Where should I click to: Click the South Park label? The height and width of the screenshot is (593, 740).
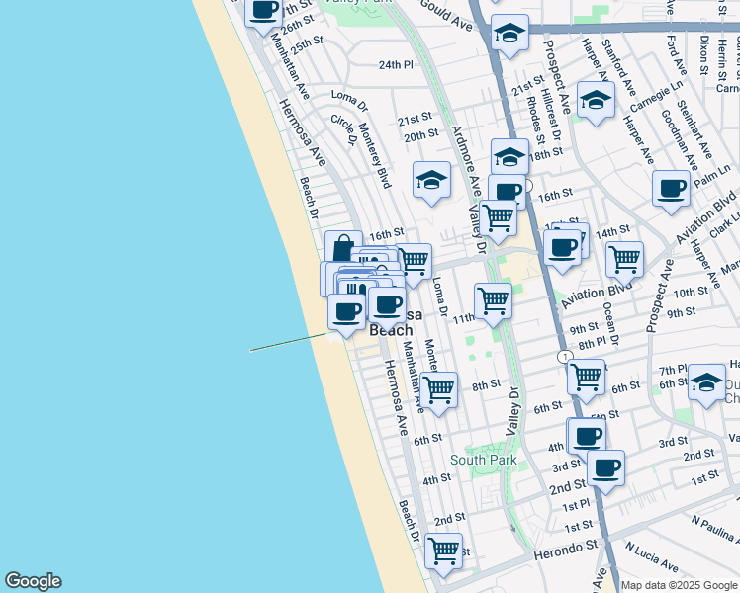click(x=483, y=459)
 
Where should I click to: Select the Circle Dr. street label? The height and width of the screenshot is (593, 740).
click(x=343, y=129)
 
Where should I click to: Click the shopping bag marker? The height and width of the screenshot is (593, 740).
click(x=343, y=247)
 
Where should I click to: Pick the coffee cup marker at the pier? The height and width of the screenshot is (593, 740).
click(x=346, y=312)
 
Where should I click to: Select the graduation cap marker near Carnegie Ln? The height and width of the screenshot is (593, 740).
click(x=596, y=101)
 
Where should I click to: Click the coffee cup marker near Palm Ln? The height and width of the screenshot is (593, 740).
click(x=672, y=188)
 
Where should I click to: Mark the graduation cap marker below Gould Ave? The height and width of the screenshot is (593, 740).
click(x=510, y=34)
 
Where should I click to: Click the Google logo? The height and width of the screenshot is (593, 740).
click(x=33, y=581)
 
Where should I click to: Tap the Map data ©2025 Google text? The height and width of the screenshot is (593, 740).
click(x=679, y=585)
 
